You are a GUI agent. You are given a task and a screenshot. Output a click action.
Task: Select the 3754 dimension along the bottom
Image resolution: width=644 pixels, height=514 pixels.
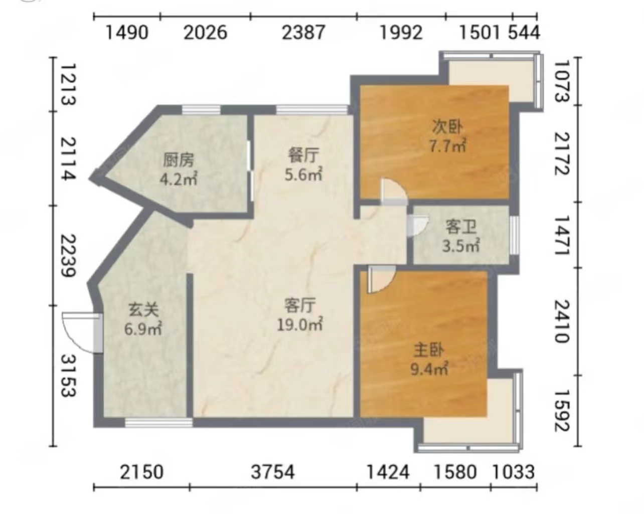pyautogui.click(x=273, y=472)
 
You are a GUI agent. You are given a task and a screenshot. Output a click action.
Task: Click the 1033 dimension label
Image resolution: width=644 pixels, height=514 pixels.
pyautogui.click(x=513, y=472)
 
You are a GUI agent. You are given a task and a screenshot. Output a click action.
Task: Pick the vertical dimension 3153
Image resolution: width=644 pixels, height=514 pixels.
pyautogui.click(x=69, y=376)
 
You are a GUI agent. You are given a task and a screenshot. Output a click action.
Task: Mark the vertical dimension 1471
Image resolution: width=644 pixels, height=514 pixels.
pyautogui.click(x=561, y=235)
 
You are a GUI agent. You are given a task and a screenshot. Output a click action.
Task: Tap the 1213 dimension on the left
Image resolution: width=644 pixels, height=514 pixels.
pyautogui.click(x=69, y=84)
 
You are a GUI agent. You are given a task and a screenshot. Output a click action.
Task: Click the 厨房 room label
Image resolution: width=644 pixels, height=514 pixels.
pyautogui.click(x=179, y=160)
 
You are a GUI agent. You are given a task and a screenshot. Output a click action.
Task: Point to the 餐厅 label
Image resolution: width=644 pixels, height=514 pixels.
pyautogui.click(x=303, y=155)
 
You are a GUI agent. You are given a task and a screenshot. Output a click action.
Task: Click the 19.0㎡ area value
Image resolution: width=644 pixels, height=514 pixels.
pyautogui.click(x=300, y=324)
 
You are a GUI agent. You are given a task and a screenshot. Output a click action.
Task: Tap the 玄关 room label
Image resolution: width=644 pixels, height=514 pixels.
pyautogui.click(x=143, y=310)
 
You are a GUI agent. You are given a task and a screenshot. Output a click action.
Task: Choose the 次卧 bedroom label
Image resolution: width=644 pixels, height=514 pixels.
pyautogui.click(x=447, y=127)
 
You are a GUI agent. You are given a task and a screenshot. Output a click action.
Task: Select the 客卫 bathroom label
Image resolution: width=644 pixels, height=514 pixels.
pyautogui.click(x=461, y=227)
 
